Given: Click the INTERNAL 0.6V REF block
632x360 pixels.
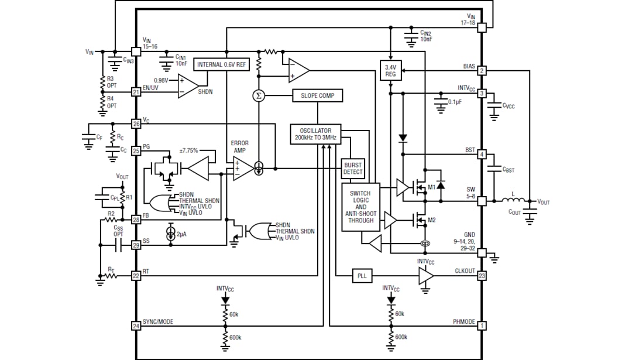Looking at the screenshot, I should [222, 64].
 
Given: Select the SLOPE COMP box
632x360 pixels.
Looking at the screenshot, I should [318, 95].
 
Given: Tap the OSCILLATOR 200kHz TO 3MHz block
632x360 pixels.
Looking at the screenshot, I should [315, 135].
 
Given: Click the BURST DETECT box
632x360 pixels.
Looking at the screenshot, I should [353, 169].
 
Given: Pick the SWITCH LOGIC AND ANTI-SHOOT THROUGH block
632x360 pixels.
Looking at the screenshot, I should [360, 207].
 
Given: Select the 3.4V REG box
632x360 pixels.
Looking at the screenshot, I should [390, 71].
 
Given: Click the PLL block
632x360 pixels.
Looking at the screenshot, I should [362, 275].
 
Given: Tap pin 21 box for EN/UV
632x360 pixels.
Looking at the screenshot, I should [136, 92].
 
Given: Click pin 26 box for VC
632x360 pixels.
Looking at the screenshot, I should [136, 124].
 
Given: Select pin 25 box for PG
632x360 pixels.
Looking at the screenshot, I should [136, 151].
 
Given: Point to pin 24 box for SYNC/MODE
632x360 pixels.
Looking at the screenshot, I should [136, 326].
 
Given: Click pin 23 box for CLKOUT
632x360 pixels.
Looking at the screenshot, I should [482, 275].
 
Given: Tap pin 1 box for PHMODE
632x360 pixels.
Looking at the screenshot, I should [482, 326].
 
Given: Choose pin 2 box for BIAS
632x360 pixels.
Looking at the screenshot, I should [482, 71].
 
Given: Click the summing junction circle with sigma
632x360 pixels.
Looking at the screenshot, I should [258, 95].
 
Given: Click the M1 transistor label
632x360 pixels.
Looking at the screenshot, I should [432, 187].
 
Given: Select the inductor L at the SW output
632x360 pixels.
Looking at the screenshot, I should [513, 201].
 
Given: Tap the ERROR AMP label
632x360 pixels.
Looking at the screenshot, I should [240, 146].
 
